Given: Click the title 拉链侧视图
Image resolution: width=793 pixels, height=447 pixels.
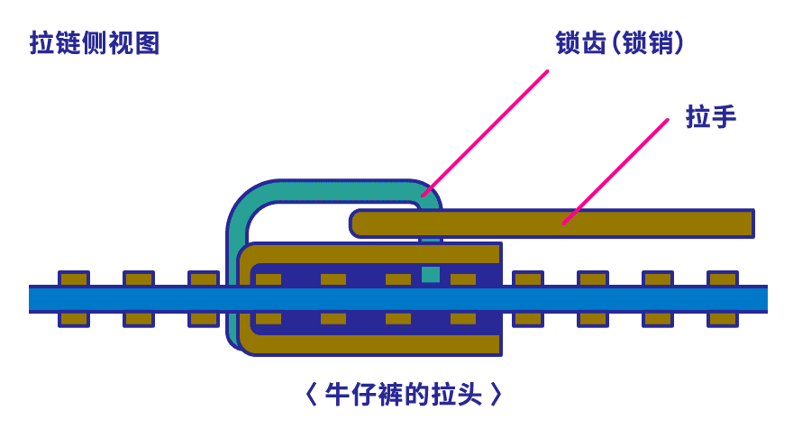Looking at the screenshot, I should (x=95, y=43).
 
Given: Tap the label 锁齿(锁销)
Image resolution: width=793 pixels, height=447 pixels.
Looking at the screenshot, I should (x=620, y=43).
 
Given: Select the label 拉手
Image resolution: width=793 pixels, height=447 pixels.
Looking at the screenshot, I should (x=711, y=116).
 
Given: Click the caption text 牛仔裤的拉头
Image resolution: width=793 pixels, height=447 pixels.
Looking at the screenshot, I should (x=403, y=394).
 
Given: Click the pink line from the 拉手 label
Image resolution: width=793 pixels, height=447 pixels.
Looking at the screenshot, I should (x=616, y=171).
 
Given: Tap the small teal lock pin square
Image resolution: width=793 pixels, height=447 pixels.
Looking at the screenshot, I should (x=431, y=274).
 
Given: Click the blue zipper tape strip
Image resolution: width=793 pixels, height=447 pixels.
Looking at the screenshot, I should (x=396, y=298).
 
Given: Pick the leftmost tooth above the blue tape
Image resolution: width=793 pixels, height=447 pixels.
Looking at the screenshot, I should (x=74, y=278).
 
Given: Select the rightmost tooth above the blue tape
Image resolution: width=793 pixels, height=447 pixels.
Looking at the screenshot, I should (x=723, y=278).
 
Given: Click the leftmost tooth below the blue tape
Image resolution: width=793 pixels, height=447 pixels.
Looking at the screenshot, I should (x=74, y=318).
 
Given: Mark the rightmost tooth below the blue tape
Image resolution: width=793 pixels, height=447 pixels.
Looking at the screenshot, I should (x=723, y=318).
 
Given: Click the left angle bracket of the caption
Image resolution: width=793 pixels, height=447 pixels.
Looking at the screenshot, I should (x=310, y=394).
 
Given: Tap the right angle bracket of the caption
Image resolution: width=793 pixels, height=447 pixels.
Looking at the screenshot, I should (x=496, y=394).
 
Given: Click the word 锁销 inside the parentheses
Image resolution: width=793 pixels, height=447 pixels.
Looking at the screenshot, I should (x=650, y=43).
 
